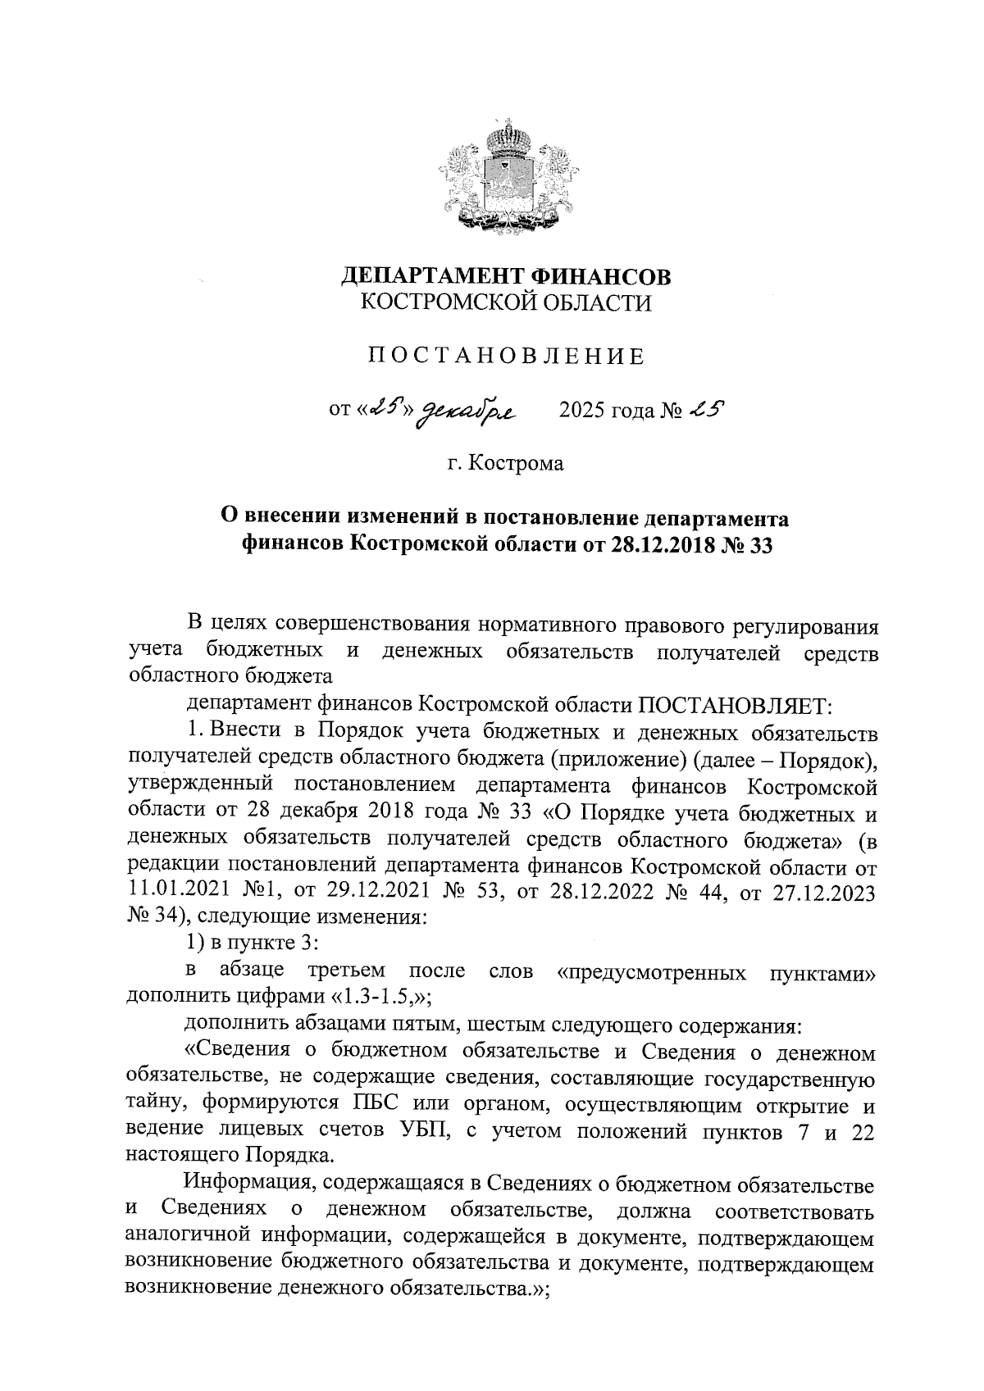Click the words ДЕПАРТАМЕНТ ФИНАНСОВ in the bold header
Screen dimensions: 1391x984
(x=505, y=276)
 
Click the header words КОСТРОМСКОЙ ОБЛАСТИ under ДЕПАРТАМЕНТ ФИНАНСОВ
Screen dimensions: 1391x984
(x=505, y=303)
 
